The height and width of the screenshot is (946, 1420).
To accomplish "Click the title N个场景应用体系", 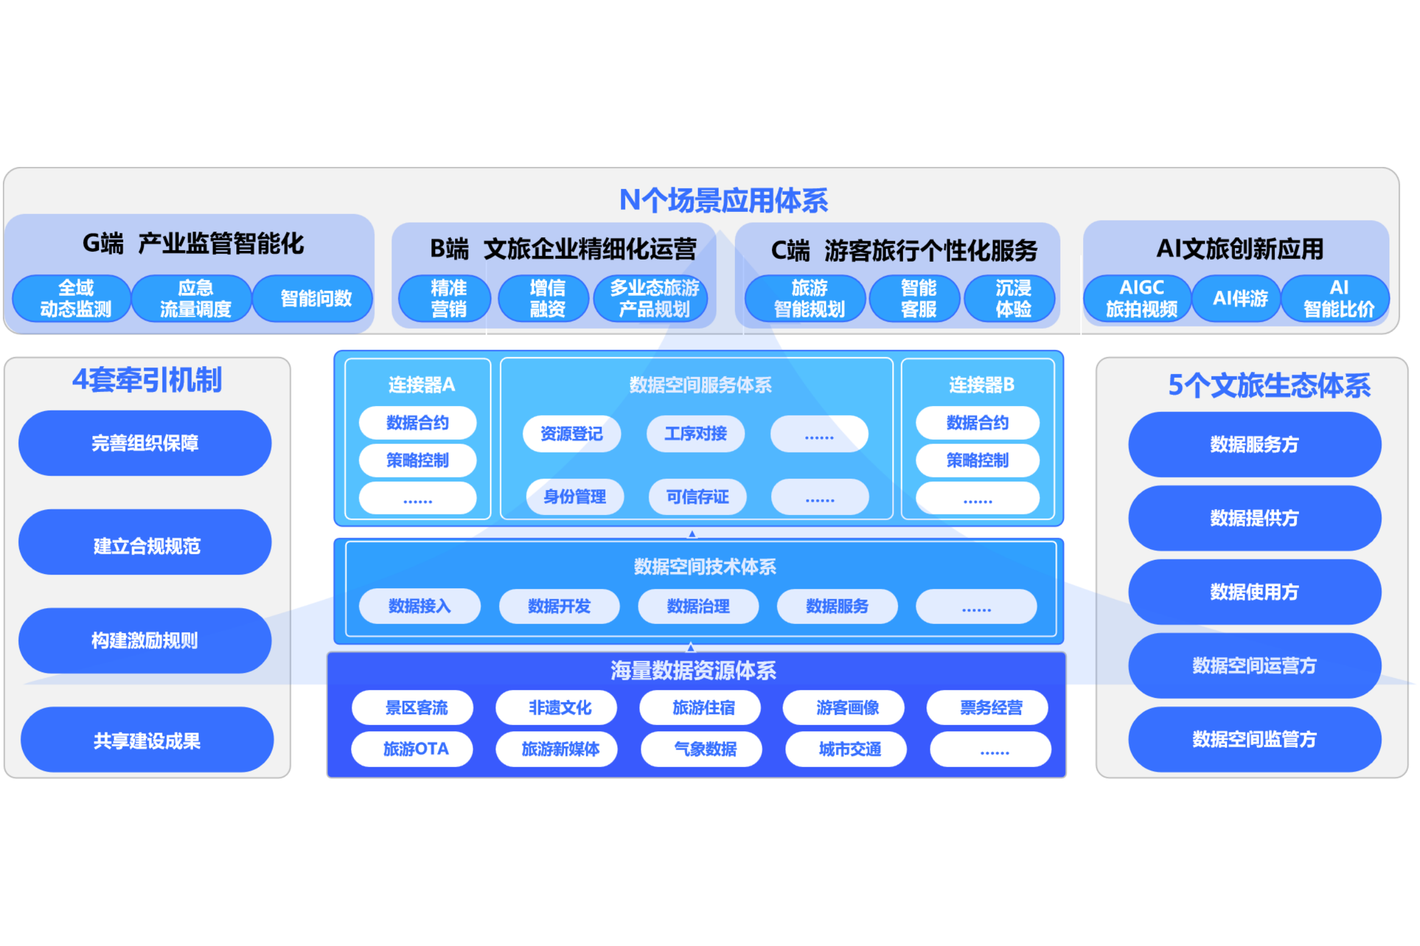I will point(723,200).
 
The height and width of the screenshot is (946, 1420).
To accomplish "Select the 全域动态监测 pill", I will point(76,298).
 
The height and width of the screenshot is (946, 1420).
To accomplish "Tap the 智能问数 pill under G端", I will point(316,298).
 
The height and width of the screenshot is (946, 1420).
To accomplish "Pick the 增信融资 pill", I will point(547,298).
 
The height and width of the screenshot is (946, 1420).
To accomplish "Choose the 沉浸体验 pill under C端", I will point(1013,298).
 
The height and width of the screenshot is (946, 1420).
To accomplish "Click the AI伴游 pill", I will point(1239,298).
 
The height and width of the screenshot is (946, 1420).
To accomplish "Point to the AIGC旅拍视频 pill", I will point(1141,298).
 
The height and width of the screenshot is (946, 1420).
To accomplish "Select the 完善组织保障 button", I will point(145,443).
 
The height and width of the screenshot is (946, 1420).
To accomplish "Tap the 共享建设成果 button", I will point(147,740).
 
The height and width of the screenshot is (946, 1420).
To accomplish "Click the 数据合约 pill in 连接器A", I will point(417,423).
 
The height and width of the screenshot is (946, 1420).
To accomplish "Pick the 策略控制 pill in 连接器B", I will point(977,461).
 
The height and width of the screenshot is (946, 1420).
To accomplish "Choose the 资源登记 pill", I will point(571,434).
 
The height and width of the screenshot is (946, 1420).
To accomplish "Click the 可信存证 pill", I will point(697,496).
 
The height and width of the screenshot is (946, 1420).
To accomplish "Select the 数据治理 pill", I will point(698,606).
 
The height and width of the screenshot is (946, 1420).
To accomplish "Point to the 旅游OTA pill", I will point(415,749).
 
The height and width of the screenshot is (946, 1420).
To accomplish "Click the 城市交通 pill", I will point(849,749).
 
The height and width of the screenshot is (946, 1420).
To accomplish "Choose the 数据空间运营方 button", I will point(1254,665).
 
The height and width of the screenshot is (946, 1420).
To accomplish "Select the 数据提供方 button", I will point(1254,518).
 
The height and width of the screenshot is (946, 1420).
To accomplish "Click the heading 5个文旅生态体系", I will point(1268,386).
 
